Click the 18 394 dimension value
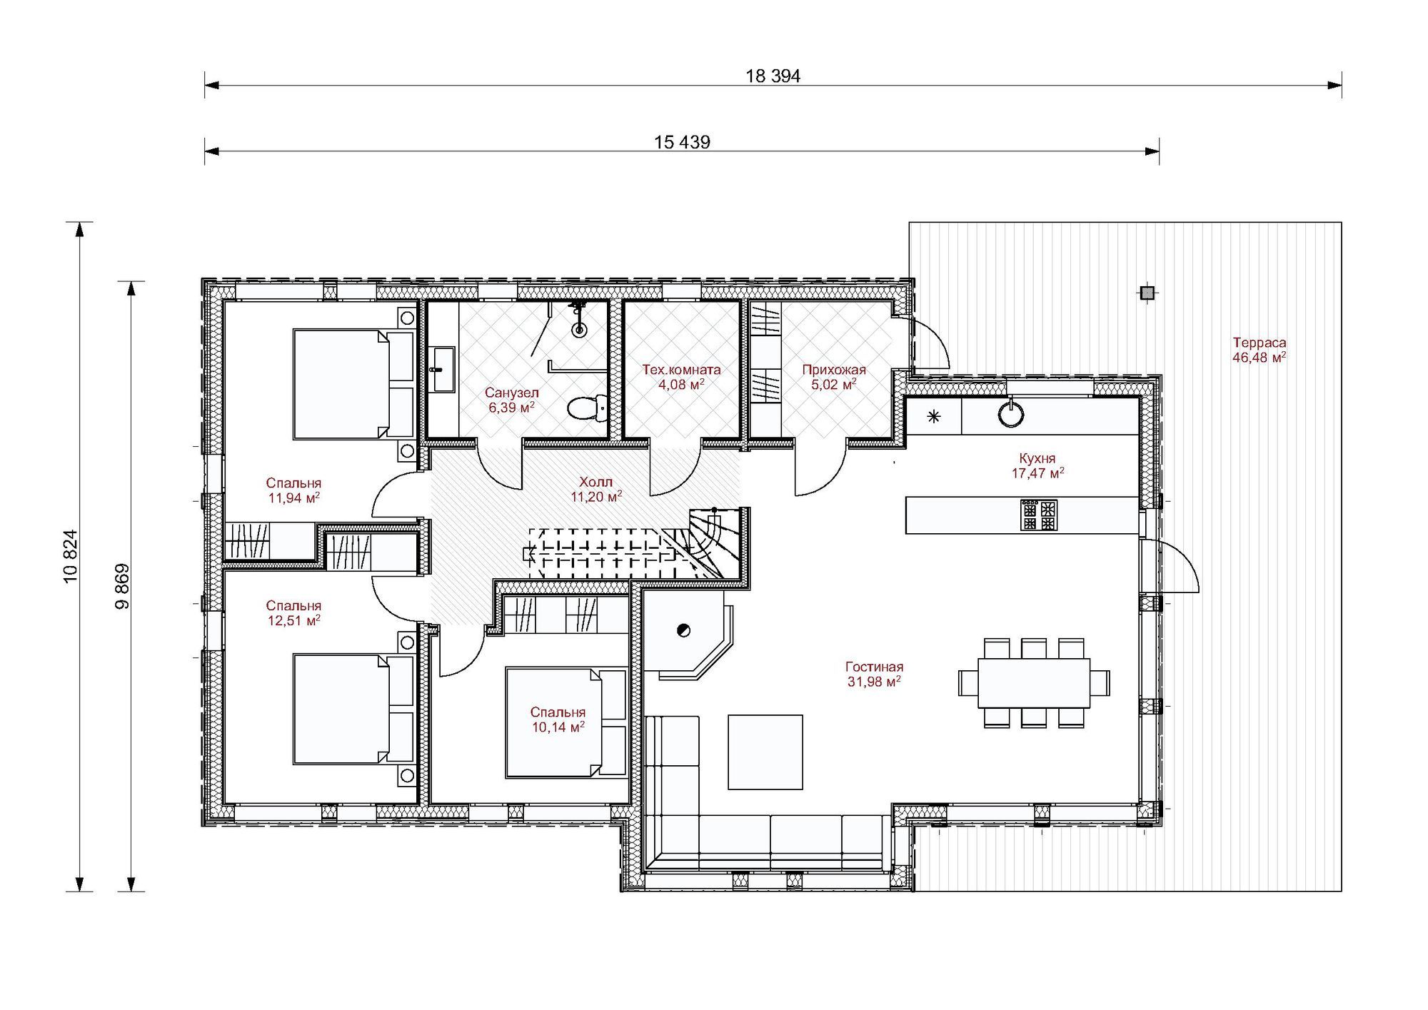pyautogui.click(x=773, y=76)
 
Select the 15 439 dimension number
pyautogui.click(x=682, y=143)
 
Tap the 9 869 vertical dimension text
pyautogui.click(x=122, y=586)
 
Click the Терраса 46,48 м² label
pyautogui.click(x=1259, y=350)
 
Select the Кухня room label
pyautogui.click(x=1037, y=458)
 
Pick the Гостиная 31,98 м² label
pyautogui.click(x=874, y=674)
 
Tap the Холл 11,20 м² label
pyautogui.click(x=596, y=489)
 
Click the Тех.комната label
pyautogui.click(x=681, y=370)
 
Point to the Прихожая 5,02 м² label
pyautogui.click(x=833, y=377)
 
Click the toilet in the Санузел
pyautogui.click(x=587, y=408)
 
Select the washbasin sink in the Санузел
pyautogui.click(x=443, y=369)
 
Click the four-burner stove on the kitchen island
pyautogui.click(x=1039, y=515)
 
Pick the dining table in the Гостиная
pyautogui.click(x=1034, y=682)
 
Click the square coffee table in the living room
pyautogui.click(x=765, y=752)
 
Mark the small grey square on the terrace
pyautogui.click(x=1147, y=293)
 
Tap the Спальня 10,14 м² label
pyautogui.click(x=558, y=719)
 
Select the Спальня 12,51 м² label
pyautogui.click(x=293, y=613)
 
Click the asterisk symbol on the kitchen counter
pyautogui.click(x=934, y=417)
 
